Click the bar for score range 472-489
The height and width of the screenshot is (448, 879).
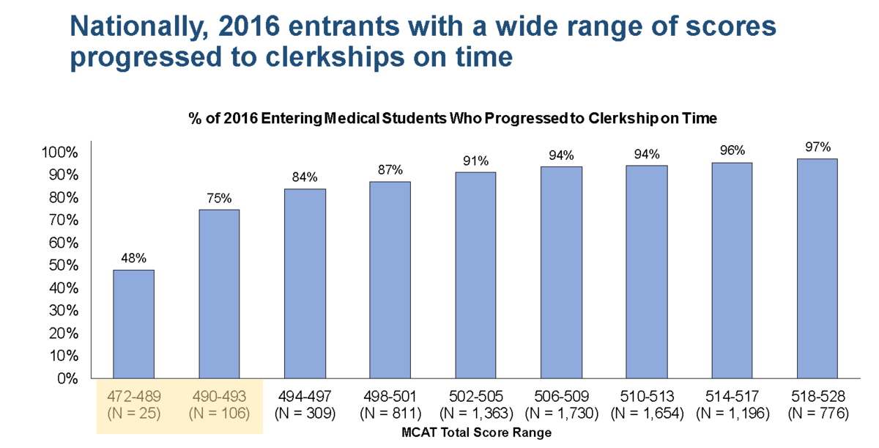click(133, 324)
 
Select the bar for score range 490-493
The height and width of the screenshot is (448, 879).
click(218, 293)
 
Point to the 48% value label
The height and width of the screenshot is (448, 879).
click(133, 258)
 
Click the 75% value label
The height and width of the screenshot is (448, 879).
click(218, 198)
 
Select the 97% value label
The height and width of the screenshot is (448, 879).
click(817, 147)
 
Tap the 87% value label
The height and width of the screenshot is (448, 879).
click(390, 170)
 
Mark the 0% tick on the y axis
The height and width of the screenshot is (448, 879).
click(67, 379)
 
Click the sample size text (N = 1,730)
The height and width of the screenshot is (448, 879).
click(561, 414)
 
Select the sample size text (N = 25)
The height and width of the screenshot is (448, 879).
click(133, 414)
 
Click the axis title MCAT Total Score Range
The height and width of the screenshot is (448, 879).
click(476, 433)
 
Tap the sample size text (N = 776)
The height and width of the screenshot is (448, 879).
click(817, 414)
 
